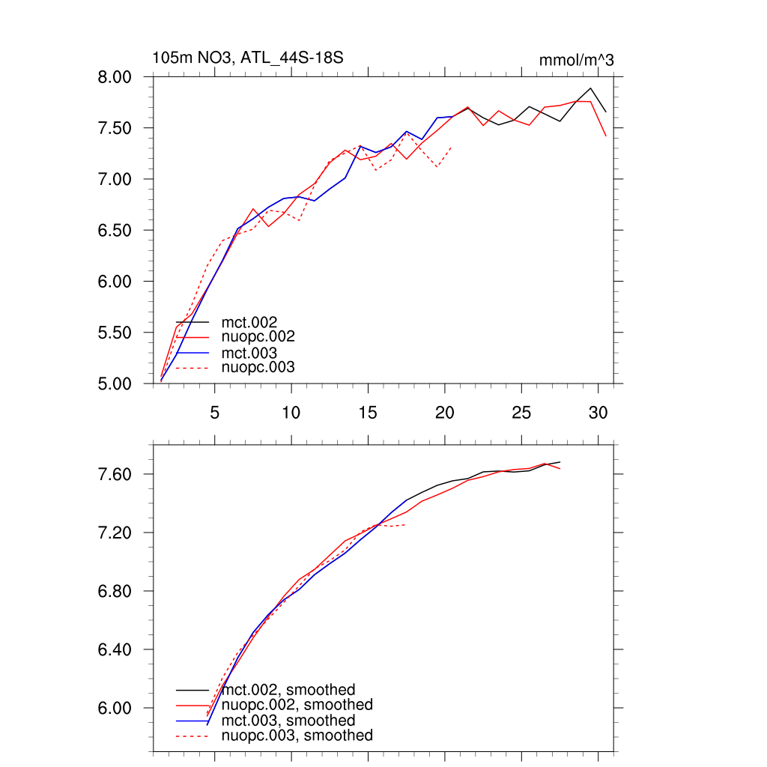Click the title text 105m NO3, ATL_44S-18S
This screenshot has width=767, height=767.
coord(248,58)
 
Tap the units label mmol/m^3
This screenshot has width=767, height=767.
coord(577,61)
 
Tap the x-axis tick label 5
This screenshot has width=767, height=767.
coord(215,412)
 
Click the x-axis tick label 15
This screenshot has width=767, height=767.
coord(368,412)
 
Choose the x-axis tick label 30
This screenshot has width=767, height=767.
coord(598,412)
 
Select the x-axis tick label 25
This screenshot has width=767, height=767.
coord(521,412)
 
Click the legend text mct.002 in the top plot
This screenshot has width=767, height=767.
coord(255,322)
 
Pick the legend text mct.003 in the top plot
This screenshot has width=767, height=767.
coord(255,352)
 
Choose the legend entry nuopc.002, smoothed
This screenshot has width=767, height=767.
coord(297,705)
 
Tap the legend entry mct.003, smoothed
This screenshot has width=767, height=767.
coord(288,721)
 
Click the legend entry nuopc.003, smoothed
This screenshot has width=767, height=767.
coord(297,736)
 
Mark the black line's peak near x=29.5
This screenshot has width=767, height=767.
coord(590,88)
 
